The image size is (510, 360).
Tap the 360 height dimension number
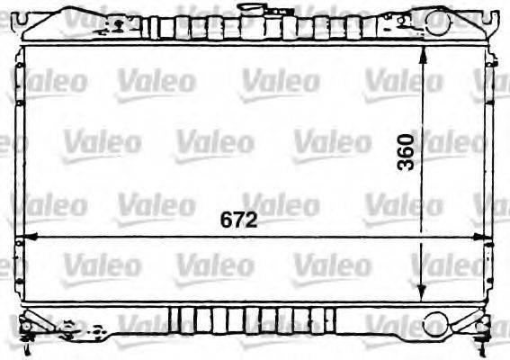[407, 153]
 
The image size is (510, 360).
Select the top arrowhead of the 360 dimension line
[424, 51]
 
